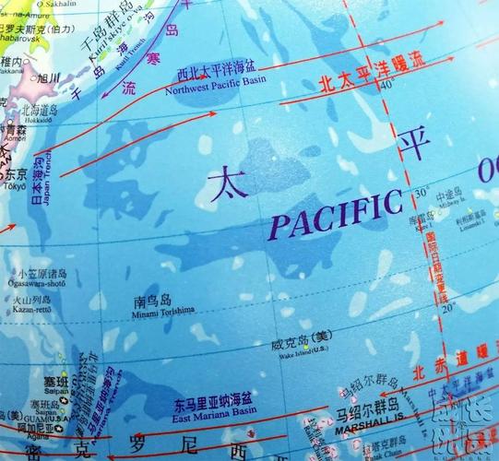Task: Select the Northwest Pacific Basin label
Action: (217, 81)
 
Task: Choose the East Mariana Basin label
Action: (213, 408)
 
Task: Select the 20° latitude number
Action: (448, 309)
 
